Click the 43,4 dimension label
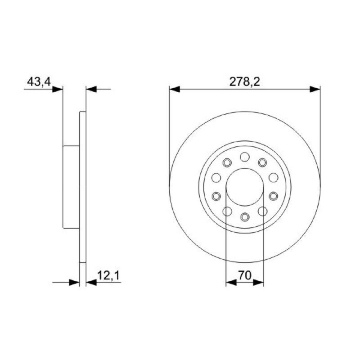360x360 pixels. coord(39,81)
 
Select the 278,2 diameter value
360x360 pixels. coord(244,81)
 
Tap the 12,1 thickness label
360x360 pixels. coord(108,275)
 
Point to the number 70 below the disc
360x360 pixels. coord(245,275)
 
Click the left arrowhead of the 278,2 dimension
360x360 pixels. coord(175,89)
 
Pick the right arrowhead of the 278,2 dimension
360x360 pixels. coord(315,89)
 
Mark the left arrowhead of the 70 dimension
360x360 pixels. coord(231,283)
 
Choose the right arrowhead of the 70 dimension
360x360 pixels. coord(258,283)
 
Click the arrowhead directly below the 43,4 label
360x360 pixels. coord(58,89)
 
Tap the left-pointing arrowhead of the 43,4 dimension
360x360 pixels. coord(91,89)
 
